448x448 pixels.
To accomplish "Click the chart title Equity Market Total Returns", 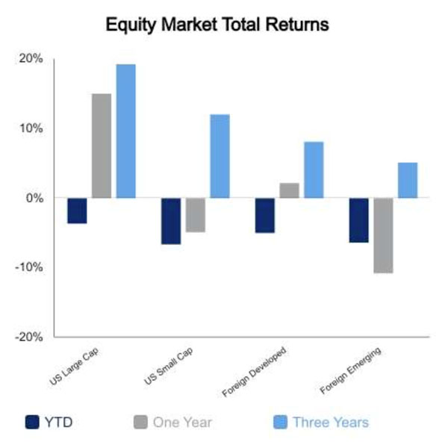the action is pos(217,25).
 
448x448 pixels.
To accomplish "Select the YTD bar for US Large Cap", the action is pos(77,211).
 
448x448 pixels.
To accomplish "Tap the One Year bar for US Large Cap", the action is pos(102,146).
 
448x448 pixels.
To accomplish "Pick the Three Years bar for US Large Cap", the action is pos(126,131).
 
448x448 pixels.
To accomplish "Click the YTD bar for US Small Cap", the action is pos(171,221).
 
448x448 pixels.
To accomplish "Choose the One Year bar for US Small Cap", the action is pos(196,215).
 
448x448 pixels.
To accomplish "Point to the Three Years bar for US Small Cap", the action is pos(220,156).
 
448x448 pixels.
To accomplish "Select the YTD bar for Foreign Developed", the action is pos(265,215).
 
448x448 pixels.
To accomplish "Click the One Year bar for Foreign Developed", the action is pos(290,190).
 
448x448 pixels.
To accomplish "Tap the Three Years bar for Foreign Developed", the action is pos(314,169).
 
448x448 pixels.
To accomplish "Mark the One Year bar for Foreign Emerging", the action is pos(384,235).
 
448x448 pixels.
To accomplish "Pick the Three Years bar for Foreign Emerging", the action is pos(408,180).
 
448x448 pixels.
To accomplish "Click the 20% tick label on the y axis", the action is pos(31,58).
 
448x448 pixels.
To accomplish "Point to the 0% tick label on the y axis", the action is pos(34,198).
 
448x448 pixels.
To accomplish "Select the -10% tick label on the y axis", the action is pos(29,267).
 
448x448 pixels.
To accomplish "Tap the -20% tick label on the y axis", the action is pos(29,337).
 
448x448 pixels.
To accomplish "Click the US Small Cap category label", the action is pos(169,366).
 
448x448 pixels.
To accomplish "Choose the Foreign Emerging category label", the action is pos(350,370).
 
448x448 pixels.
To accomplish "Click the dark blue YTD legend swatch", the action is pos(32,423).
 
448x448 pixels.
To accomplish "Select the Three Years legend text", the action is pos(331,423).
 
